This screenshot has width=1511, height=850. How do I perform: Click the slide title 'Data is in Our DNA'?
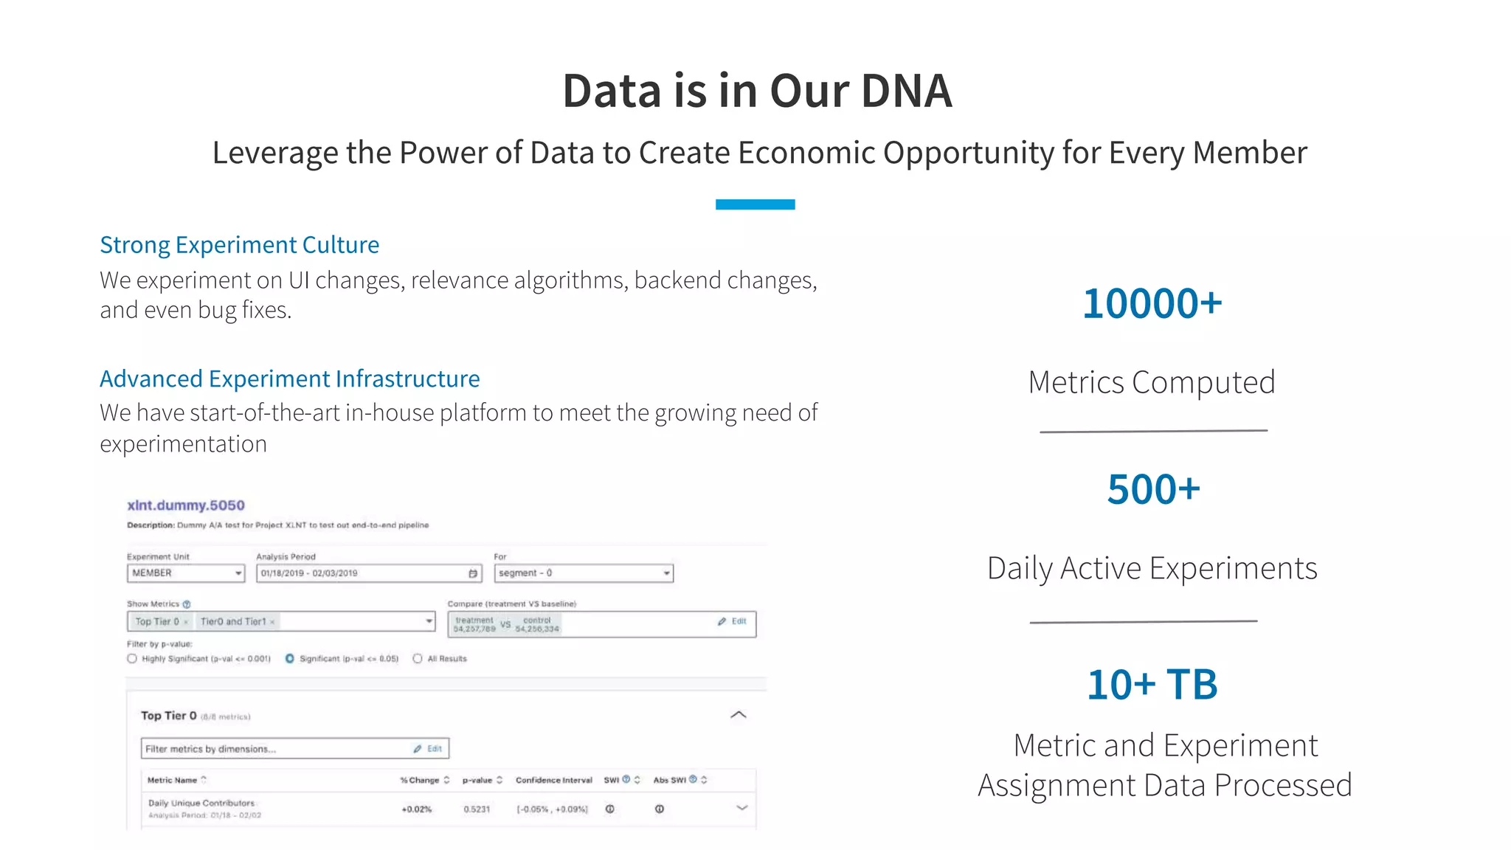click(x=757, y=91)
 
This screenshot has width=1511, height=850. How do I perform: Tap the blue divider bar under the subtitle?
click(x=755, y=204)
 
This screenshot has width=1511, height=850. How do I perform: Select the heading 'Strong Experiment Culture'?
click(x=239, y=245)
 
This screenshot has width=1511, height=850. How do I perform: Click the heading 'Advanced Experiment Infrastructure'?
click(x=289, y=379)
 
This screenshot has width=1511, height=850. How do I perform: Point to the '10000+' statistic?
click(x=1152, y=303)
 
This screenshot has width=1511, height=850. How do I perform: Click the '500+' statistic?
click(x=1153, y=490)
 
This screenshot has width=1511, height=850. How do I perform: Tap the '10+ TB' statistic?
click(x=1152, y=685)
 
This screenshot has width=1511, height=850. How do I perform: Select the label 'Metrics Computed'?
click(x=1151, y=382)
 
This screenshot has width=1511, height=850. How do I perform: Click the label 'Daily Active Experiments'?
click(x=1152, y=568)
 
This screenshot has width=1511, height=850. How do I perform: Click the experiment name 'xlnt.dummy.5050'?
click(x=185, y=505)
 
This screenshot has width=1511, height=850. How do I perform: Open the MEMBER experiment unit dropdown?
click(x=185, y=573)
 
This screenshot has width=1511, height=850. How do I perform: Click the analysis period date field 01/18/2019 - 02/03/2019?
click(x=368, y=573)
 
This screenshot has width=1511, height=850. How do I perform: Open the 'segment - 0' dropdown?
click(x=583, y=573)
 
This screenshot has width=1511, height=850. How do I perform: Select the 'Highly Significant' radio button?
click(x=132, y=659)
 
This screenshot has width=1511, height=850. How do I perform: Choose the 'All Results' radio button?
click(x=418, y=659)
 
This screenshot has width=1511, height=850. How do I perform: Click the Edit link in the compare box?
click(x=733, y=621)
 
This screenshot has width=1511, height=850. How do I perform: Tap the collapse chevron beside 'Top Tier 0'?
click(x=738, y=715)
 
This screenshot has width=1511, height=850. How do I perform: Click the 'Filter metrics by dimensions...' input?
click(x=277, y=749)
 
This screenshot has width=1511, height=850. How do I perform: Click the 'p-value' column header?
click(x=477, y=780)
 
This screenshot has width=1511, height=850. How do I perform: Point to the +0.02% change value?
click(x=416, y=809)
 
